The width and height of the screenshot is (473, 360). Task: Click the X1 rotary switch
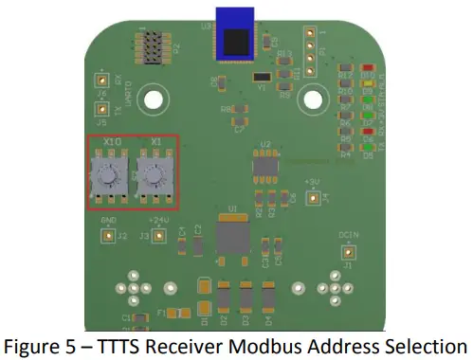coord(151,174)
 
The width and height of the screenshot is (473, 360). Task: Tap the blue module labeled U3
coord(234,35)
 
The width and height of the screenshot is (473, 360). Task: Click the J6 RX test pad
coord(101,83)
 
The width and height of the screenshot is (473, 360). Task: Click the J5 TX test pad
coord(101,121)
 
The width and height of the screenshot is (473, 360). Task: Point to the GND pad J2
coord(108,234)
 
